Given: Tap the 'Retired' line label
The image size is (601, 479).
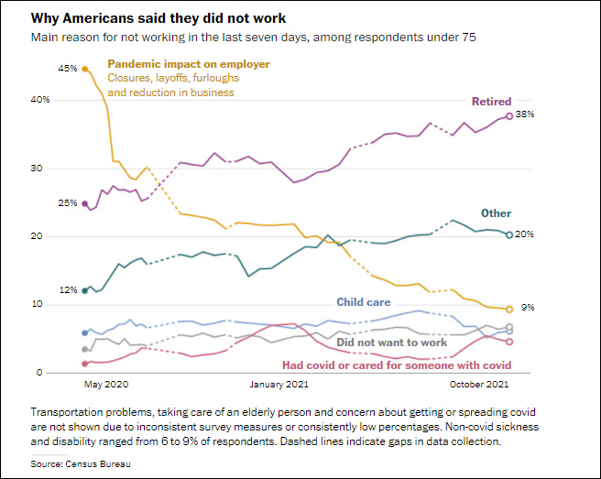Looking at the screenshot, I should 491,101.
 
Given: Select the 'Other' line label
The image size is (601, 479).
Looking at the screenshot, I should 497,213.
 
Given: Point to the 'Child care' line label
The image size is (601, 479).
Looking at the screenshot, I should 363,301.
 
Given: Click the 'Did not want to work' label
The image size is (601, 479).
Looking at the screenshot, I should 391,343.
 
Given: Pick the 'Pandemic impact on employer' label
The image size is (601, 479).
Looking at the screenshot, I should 189,64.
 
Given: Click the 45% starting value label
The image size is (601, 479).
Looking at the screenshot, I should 67,69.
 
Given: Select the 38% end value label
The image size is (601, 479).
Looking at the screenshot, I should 525,115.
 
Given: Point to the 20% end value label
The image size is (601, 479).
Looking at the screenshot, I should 525,234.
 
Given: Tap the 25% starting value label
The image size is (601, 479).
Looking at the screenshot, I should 67,203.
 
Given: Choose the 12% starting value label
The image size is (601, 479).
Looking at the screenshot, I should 67,290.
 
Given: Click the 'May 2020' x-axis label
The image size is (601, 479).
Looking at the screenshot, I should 106,385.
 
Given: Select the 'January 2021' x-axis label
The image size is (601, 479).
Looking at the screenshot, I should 278,385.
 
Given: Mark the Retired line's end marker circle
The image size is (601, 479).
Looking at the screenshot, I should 509,116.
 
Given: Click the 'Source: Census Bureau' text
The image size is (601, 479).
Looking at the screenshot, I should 81,465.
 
